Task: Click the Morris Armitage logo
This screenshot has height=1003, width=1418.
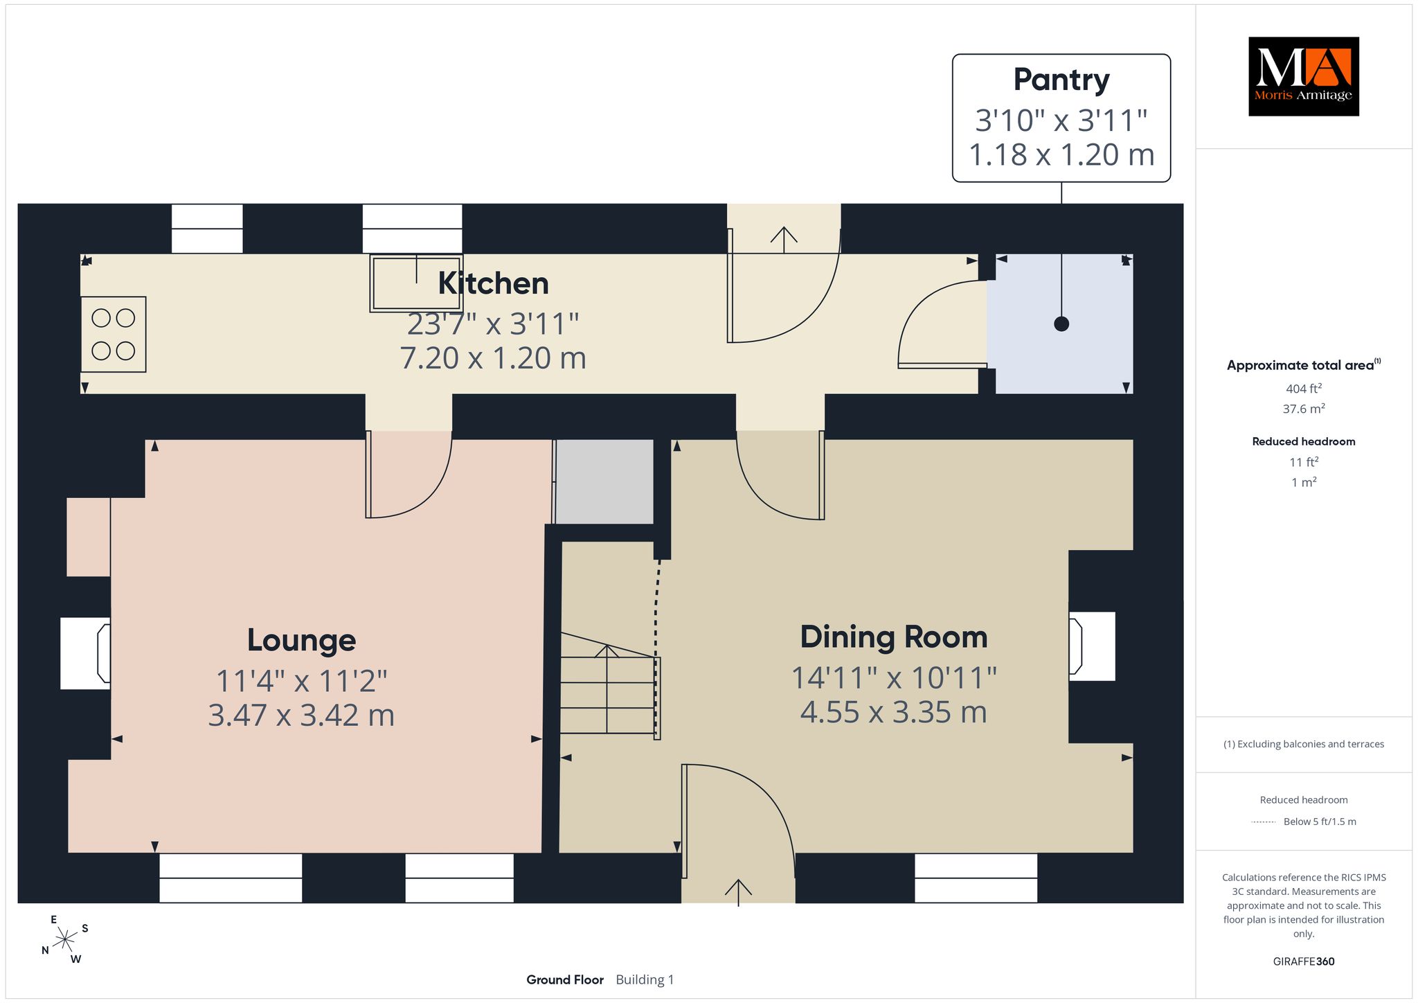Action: [x=1303, y=76]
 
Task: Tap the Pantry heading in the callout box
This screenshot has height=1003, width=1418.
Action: [x=1061, y=80]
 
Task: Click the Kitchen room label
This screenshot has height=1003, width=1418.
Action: [x=494, y=283]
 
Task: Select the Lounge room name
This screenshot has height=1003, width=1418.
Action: [x=301, y=640]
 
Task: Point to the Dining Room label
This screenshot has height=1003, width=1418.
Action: [x=894, y=637]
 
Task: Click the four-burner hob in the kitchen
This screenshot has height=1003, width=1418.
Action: [x=114, y=335]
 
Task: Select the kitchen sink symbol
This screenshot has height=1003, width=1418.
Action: [x=415, y=283]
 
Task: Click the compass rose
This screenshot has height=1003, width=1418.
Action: [x=64, y=939]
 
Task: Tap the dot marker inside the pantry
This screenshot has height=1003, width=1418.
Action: [x=1061, y=323]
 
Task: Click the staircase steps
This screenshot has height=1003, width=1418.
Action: [x=607, y=686]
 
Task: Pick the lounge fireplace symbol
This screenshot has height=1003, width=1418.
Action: [x=86, y=653]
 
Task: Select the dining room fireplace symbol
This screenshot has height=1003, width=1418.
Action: [x=1092, y=646]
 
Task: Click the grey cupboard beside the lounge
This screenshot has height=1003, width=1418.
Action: [x=604, y=481]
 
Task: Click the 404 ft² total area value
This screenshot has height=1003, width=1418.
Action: [x=1304, y=389]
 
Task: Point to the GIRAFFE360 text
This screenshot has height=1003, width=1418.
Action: [x=1304, y=961]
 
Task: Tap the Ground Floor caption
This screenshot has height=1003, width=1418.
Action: [x=565, y=979]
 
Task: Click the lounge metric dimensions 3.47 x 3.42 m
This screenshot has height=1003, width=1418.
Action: [x=301, y=715]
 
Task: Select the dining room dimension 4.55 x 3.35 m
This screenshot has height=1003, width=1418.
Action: [x=894, y=712]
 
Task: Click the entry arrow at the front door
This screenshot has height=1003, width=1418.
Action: [x=739, y=893]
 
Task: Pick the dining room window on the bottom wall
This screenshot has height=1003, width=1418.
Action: [x=976, y=878]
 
